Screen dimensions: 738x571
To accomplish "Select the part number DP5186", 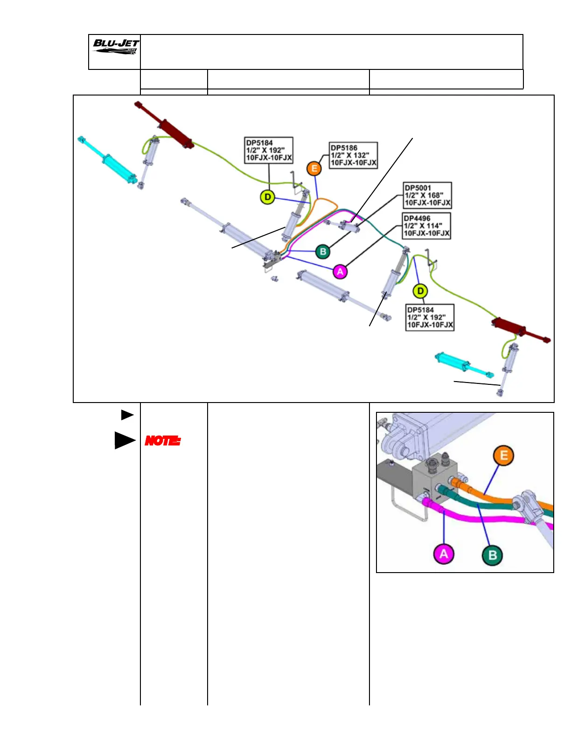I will click(x=344, y=148).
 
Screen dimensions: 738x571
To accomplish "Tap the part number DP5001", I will click(x=418, y=188).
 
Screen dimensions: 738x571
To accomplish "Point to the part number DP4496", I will click(x=417, y=218).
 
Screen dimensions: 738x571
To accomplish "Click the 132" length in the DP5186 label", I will click(x=361, y=155).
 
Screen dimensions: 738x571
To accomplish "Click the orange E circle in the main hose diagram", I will click(x=314, y=168).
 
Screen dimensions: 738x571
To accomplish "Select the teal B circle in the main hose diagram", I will click(x=323, y=252).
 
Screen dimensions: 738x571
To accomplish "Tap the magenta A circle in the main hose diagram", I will click(x=341, y=271).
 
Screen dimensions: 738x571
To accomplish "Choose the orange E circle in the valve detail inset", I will click(x=504, y=455).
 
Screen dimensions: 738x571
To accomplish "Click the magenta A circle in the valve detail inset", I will click(x=444, y=553).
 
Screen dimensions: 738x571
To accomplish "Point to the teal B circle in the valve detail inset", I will click(x=492, y=555).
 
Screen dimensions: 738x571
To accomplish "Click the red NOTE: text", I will click(x=162, y=440).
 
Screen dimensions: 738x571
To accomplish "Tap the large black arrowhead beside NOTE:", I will click(x=124, y=440).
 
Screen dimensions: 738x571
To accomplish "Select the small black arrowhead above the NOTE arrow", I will click(x=127, y=415).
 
